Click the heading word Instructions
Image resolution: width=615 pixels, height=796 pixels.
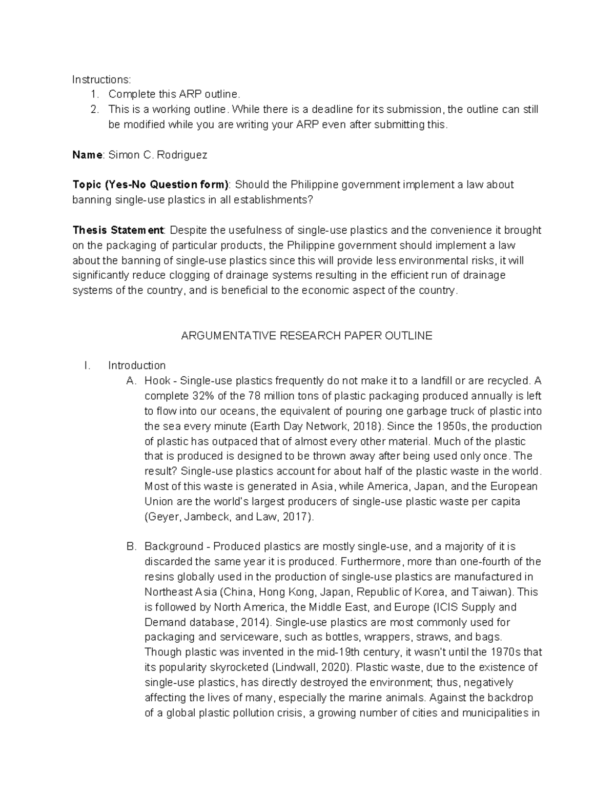(x=101, y=79)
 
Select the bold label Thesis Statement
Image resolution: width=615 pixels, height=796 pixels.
(x=118, y=230)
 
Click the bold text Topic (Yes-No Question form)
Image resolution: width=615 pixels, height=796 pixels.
(x=151, y=185)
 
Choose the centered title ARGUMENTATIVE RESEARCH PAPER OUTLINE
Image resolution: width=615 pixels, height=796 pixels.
(x=307, y=336)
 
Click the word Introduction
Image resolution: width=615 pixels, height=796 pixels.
(x=137, y=366)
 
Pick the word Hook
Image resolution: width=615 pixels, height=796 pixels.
(x=157, y=381)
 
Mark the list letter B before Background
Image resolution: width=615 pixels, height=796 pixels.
(x=131, y=547)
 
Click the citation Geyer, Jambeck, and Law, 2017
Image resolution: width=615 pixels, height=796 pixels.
(x=228, y=517)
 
